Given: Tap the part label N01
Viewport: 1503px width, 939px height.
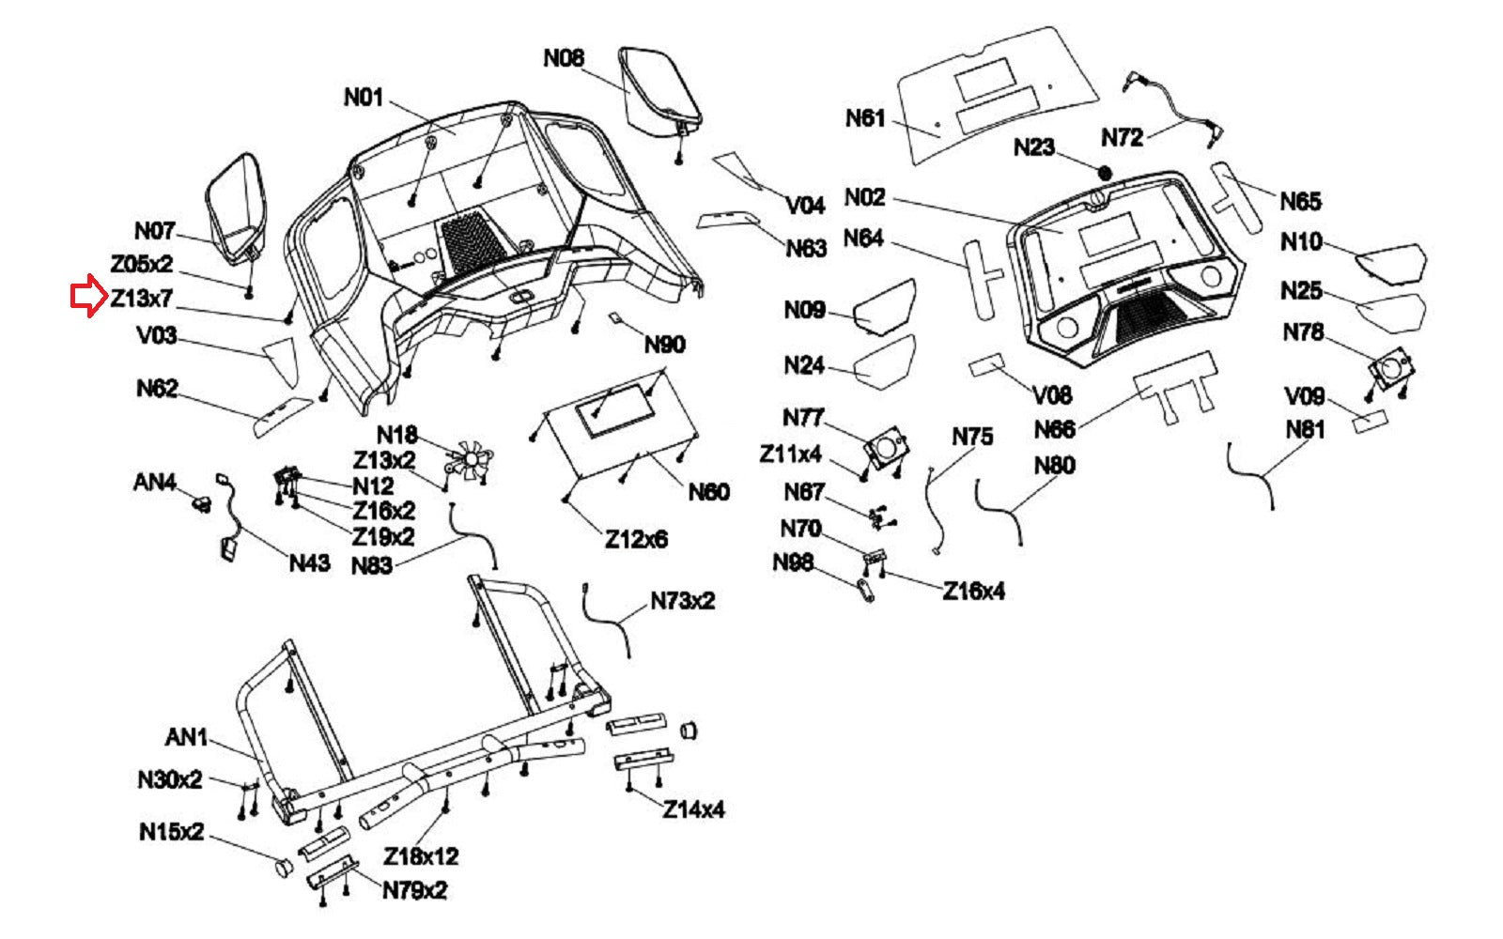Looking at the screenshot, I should pyautogui.click(x=364, y=98).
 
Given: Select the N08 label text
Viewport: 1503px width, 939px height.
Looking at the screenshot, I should pyautogui.click(x=564, y=58).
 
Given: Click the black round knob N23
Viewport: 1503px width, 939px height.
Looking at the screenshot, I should pyautogui.click(x=1105, y=174).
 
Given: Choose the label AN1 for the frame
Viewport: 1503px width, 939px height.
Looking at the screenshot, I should pyautogui.click(x=186, y=738).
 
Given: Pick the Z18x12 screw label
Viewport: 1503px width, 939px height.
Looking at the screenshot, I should pyautogui.click(x=421, y=856).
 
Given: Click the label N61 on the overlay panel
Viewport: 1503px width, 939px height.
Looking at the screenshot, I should pyautogui.click(x=865, y=118).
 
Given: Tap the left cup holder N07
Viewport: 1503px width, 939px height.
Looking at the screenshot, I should pyautogui.click(x=236, y=207).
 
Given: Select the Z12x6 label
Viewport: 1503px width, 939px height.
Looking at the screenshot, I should pyautogui.click(x=636, y=540).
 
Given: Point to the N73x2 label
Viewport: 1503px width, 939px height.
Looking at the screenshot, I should pyautogui.click(x=683, y=601).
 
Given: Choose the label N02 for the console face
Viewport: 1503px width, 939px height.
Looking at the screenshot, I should pyautogui.click(x=864, y=197).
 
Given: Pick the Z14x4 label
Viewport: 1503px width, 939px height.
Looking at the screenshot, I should pyautogui.click(x=693, y=809).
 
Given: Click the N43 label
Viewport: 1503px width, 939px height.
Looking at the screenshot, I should pyautogui.click(x=309, y=563).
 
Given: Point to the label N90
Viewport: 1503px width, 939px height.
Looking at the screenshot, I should pyautogui.click(x=664, y=345).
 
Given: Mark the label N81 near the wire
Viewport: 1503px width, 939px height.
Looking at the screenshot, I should pyautogui.click(x=1305, y=430).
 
